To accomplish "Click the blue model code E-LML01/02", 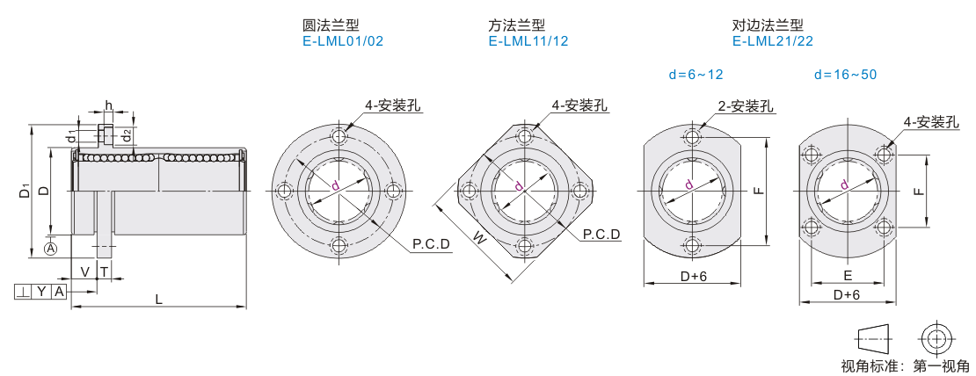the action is click(342, 41).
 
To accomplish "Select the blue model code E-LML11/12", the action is click(528, 41).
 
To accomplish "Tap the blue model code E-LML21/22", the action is click(773, 41).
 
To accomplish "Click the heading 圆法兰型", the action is click(331, 25).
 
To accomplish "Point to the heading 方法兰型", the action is click(517, 25).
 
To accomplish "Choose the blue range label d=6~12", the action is click(696, 75).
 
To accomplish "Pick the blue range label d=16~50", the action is click(845, 75).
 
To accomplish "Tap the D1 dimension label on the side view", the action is click(25, 191).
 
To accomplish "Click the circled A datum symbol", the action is click(51, 249).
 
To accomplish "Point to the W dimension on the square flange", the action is click(479, 237).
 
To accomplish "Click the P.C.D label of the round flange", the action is click(432, 244).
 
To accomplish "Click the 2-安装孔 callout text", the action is click(746, 106).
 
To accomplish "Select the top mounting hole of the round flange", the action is click(339, 137).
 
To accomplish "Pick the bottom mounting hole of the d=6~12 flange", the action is click(691, 245).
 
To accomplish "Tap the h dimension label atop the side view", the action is click(107, 105).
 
